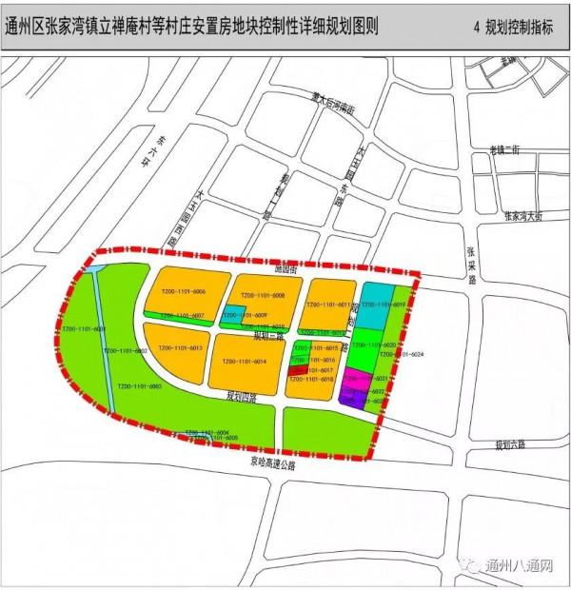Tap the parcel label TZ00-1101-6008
pyautogui.click(x=262, y=295)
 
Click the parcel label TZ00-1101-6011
pyautogui.click(x=328, y=305)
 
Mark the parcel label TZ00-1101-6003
pyautogui.click(x=140, y=387)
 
